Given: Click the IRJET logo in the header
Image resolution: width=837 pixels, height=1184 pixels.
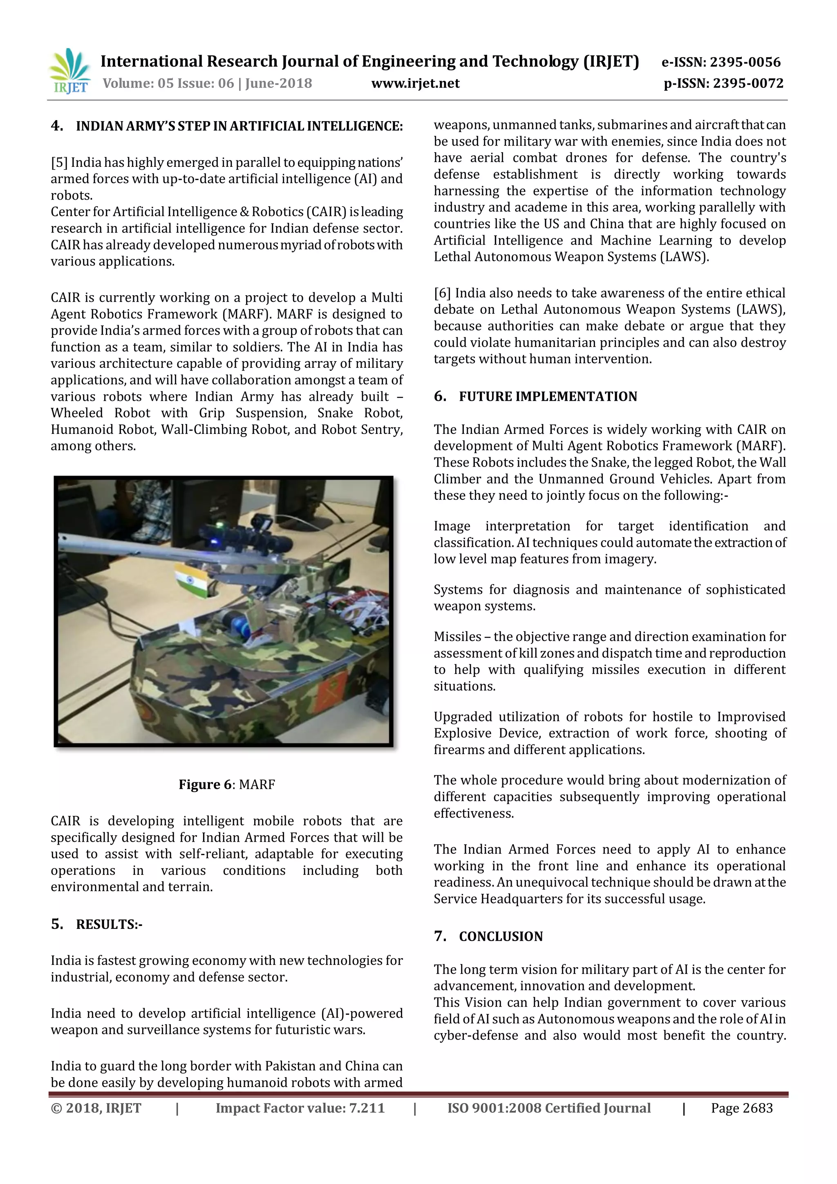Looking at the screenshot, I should pyautogui.click(x=69, y=71).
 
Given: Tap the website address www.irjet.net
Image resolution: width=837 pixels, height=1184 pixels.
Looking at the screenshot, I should pyautogui.click(x=415, y=83).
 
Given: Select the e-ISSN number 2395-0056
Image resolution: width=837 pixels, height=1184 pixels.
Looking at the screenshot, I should pyautogui.click(x=745, y=63).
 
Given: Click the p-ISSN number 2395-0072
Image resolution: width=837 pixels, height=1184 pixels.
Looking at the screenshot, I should pyautogui.click(x=746, y=83).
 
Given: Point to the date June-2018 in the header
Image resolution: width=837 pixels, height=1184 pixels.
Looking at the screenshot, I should pyautogui.click(x=278, y=83).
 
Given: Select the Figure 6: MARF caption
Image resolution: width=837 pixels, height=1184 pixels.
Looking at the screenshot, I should pyautogui.click(x=227, y=784).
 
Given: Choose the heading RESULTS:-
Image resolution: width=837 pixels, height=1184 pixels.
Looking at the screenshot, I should pyautogui.click(x=109, y=924).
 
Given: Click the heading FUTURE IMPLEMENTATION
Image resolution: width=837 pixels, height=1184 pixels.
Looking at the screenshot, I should pyautogui.click(x=548, y=397).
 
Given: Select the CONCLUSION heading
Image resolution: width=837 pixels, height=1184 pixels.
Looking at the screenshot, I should pyautogui.click(x=501, y=937).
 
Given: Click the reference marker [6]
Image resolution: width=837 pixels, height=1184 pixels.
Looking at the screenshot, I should pyautogui.click(x=442, y=293).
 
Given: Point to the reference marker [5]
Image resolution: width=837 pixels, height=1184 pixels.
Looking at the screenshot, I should pyautogui.click(x=59, y=163).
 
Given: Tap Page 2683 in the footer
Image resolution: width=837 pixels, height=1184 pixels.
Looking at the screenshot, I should pyautogui.click(x=742, y=1108).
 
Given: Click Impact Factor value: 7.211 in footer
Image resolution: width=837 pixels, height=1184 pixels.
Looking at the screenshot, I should pyautogui.click(x=300, y=1108).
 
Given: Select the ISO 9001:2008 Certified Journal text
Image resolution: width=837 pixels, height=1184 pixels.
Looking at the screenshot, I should pyautogui.click(x=549, y=1108).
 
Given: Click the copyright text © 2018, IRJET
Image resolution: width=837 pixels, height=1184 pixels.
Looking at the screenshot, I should pyautogui.click(x=96, y=1108).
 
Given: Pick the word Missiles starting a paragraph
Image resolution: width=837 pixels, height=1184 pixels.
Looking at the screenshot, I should pyautogui.click(x=457, y=637).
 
